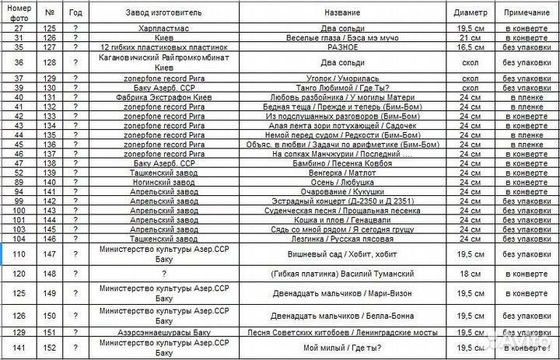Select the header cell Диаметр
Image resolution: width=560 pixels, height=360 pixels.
pyautogui.click(x=469, y=12)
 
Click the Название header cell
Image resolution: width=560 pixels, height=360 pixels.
pyautogui.click(x=342, y=12)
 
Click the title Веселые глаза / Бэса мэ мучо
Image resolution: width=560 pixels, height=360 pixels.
pyautogui.click(x=342, y=37)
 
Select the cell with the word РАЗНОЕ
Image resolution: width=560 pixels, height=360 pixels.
pyautogui.click(x=342, y=47)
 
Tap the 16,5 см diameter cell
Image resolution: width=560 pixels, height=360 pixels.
pyautogui.click(x=469, y=47)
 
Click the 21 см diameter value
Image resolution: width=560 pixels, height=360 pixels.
pyautogui.click(x=469, y=37)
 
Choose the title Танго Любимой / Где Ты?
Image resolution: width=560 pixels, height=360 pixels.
pyautogui.click(x=342, y=89)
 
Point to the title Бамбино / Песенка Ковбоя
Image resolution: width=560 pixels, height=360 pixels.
pyautogui.click(x=342, y=163)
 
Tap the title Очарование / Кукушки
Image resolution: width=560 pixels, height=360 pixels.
pyautogui.click(x=342, y=191)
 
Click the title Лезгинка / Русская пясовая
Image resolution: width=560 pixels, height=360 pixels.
pyautogui.click(x=342, y=239)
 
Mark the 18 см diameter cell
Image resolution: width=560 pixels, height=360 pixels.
pyautogui.click(x=469, y=274)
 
